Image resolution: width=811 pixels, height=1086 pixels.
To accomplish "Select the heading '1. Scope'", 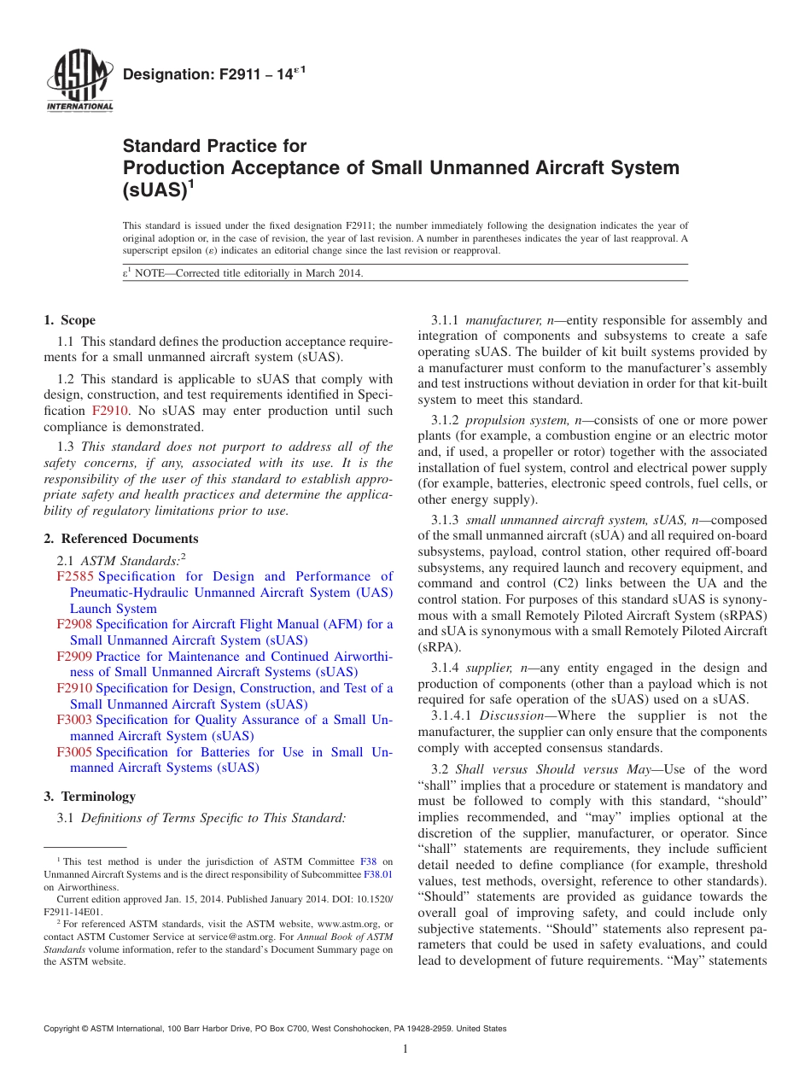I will pyautogui.click(x=69, y=321).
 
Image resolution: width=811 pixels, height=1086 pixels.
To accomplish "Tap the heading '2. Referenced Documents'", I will pyautogui.click(x=121, y=539).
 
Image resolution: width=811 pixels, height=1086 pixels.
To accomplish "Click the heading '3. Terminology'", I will pyautogui.click(x=90, y=797).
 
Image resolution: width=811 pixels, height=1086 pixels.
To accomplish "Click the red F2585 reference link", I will pyautogui.click(x=74, y=577).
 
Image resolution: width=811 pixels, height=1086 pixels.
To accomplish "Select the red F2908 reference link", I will pyautogui.click(x=74, y=625).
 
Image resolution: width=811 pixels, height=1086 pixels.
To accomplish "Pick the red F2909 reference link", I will pyautogui.click(x=74, y=657).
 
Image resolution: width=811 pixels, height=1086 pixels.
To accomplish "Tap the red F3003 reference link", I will pyautogui.click(x=74, y=721).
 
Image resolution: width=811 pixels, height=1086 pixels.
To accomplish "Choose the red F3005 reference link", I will pyautogui.click(x=74, y=753).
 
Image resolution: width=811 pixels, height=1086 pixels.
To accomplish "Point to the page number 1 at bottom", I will pyautogui.click(x=405, y=1049).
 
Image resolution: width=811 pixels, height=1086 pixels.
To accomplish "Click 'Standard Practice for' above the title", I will pyautogui.click(x=214, y=147).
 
